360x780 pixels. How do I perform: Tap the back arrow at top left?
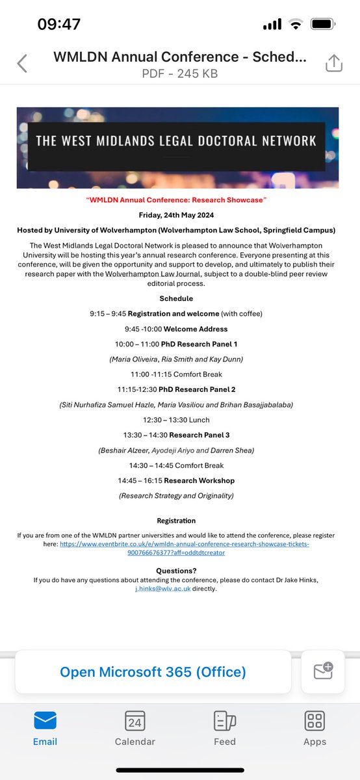22,63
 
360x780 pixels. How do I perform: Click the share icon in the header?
333,63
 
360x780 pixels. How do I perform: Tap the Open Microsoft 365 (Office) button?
153,672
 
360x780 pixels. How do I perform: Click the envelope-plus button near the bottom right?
323,671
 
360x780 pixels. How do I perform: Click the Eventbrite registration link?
184,547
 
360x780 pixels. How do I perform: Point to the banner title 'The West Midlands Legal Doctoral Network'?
176,140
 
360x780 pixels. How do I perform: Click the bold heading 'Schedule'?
177,298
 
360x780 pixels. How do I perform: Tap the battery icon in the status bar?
322,25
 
